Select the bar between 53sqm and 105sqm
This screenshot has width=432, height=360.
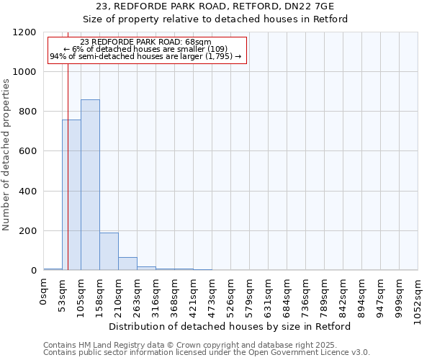click(71, 194)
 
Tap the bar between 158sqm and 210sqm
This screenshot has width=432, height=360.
click(109, 251)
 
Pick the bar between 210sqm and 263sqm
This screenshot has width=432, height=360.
click(127, 264)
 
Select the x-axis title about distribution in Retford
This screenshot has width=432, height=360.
click(230, 326)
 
